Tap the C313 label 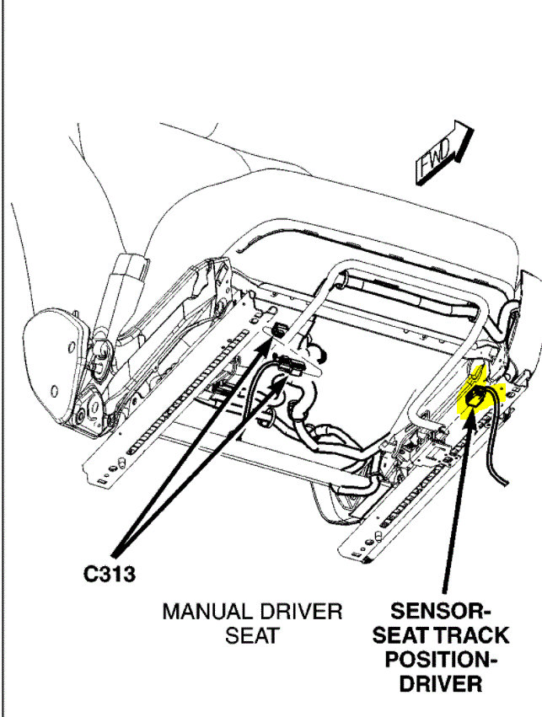click(x=110, y=574)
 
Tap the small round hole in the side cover click(x=53, y=389)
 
